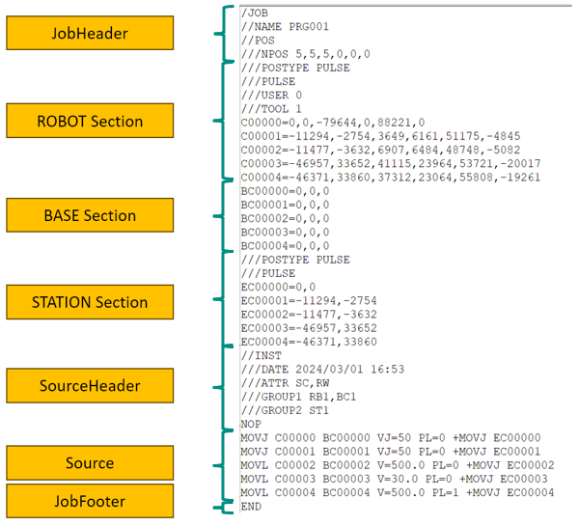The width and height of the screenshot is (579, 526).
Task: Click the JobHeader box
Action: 90,33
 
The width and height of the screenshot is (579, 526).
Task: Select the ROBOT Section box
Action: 90,121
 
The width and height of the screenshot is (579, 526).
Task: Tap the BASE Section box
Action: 90,215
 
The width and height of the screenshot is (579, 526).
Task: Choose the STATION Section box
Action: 90,302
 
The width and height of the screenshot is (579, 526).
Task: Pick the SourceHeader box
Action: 90,386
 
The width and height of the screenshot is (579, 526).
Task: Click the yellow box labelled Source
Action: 90,463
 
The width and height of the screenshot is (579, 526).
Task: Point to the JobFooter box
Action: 90,501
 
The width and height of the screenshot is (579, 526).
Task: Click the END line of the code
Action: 251,507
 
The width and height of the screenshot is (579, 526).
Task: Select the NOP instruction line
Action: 251,424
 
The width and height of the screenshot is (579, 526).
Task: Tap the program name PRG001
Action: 309,27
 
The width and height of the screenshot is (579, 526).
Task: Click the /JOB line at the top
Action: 255,13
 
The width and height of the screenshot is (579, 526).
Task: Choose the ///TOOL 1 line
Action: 271,109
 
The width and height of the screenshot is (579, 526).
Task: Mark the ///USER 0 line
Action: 271,96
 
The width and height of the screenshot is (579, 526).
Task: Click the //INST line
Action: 262,356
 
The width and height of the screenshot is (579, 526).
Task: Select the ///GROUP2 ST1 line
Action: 285,410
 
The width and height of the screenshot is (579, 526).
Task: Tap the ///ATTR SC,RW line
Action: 285,383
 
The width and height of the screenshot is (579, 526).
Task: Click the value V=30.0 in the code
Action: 398,479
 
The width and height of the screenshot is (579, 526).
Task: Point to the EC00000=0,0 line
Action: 278,287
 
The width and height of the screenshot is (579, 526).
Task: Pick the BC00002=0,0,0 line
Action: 285,219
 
